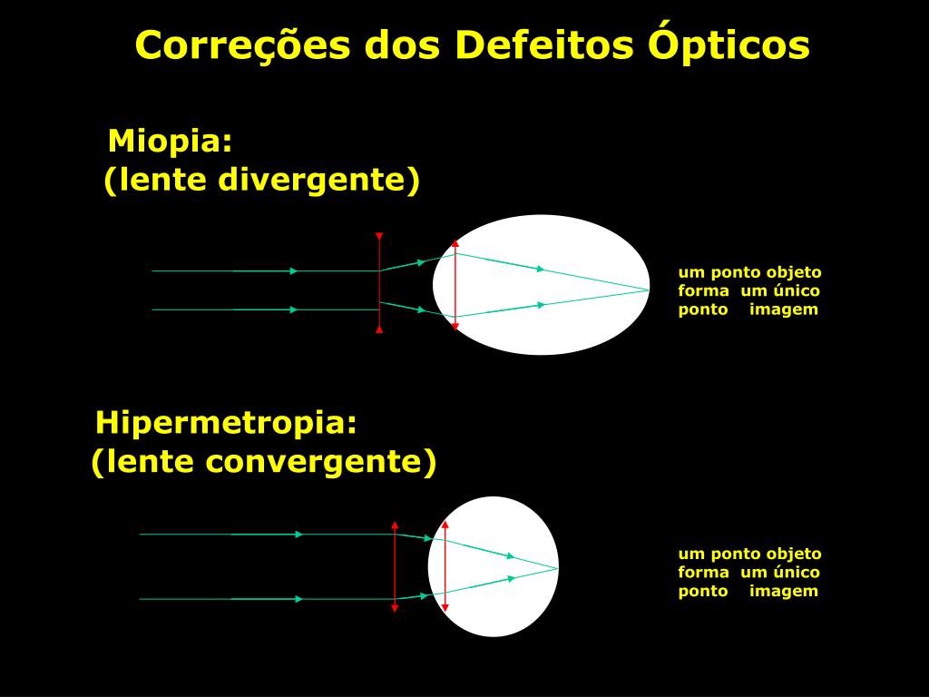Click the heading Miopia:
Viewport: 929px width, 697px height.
click(x=171, y=142)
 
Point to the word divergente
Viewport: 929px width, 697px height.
click(x=319, y=180)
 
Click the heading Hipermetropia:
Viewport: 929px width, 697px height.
click(x=227, y=423)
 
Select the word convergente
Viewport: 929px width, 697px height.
click(x=320, y=462)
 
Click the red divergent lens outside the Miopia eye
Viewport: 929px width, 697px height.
click(x=379, y=299)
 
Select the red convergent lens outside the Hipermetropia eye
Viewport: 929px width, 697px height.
click(x=395, y=567)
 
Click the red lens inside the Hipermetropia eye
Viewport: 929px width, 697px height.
click(x=445, y=567)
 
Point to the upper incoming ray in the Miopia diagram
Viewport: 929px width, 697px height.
click(x=263, y=270)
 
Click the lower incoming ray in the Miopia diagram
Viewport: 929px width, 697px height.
click(x=263, y=309)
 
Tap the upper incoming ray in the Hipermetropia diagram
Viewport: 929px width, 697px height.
click(x=263, y=535)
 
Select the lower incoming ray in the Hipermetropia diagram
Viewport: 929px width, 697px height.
click(x=263, y=599)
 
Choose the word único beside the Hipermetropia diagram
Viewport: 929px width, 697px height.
click(x=797, y=572)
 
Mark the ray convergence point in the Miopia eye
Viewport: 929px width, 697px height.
click(x=649, y=289)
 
